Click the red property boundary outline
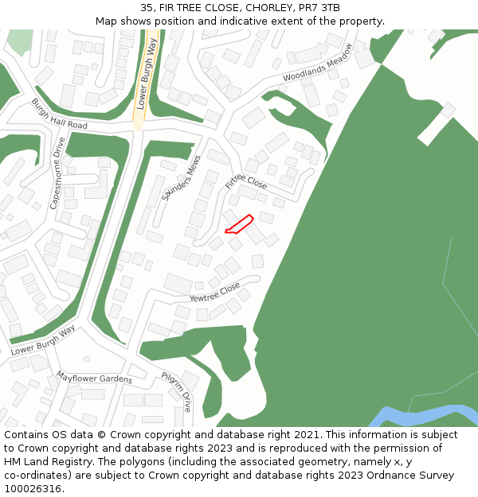tap(239, 224)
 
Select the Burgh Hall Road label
tap(59, 115)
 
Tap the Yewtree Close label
tap(214, 292)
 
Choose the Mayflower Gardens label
tap(94, 377)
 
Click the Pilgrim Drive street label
tap(176, 390)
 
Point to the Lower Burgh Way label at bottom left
tap(43, 340)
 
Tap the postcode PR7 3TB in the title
tap(319, 8)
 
